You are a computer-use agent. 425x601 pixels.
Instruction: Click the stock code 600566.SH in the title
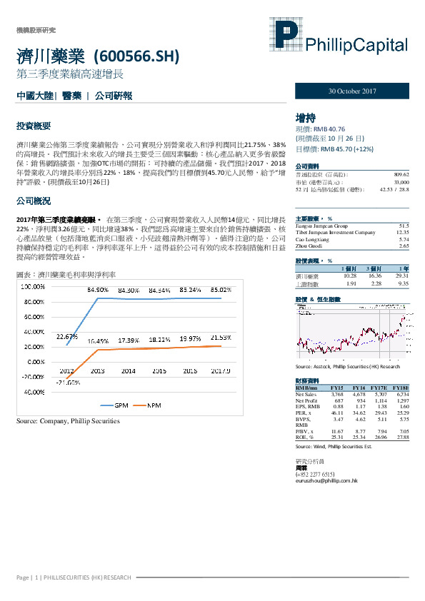[136, 56]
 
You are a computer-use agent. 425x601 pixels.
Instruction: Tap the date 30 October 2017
[352, 92]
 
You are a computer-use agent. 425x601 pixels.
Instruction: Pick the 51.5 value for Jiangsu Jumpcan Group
[404, 226]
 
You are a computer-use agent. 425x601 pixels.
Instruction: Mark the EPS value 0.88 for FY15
[338, 407]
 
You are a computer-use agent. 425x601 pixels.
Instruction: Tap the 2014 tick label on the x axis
[128, 372]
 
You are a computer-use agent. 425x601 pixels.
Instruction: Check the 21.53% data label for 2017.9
[219, 336]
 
